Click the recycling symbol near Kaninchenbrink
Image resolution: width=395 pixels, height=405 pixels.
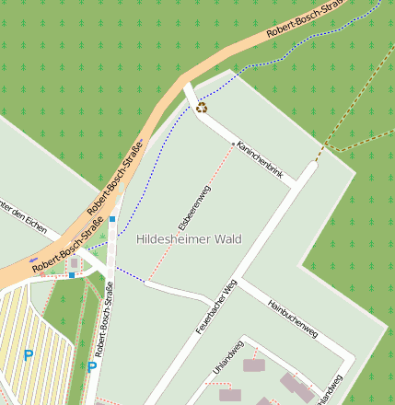tap(202, 108)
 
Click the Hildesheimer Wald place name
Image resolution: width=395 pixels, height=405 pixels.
tap(189, 239)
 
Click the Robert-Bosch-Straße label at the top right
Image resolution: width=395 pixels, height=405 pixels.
tap(304, 19)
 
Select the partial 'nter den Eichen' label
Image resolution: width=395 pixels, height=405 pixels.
tap(23, 215)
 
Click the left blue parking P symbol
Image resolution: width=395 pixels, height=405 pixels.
tap(28, 354)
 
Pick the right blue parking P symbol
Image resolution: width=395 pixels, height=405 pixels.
tap(92, 366)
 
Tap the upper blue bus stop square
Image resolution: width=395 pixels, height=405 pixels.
tap(112, 219)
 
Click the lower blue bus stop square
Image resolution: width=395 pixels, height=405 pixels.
tap(72, 274)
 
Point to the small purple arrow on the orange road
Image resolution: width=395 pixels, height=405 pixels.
tap(34, 260)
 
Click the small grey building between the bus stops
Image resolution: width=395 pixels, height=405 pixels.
tap(75, 263)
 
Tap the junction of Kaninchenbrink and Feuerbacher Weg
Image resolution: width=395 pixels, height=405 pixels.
tap(295, 185)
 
